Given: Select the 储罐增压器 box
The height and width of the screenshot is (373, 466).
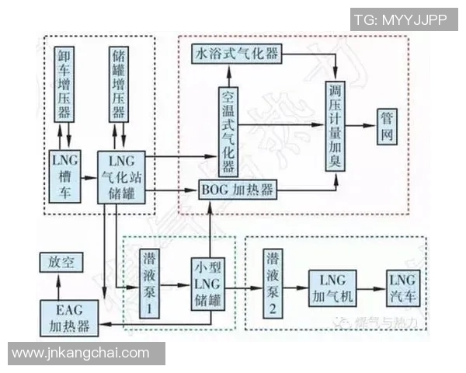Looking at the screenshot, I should [118, 85].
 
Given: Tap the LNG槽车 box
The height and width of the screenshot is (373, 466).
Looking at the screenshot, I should [65, 175].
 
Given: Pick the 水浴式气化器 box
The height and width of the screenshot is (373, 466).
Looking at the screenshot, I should [236, 54].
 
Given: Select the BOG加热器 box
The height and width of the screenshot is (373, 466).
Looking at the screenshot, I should [238, 190].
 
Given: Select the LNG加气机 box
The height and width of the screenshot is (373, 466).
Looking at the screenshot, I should [334, 286].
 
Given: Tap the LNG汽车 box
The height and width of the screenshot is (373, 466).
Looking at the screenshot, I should [403, 286].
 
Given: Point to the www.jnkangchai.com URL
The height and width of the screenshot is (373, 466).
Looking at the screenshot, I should [81, 354].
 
